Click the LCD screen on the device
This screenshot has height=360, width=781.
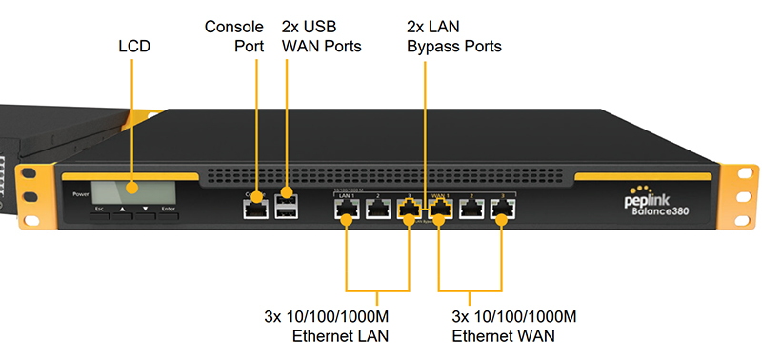pos(126,190)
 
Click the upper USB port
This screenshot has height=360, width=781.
pos(284,200)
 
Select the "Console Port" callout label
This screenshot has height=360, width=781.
pos(234,35)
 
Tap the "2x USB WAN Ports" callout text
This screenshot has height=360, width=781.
pos(321,35)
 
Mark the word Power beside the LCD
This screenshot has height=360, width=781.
pos(80,194)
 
